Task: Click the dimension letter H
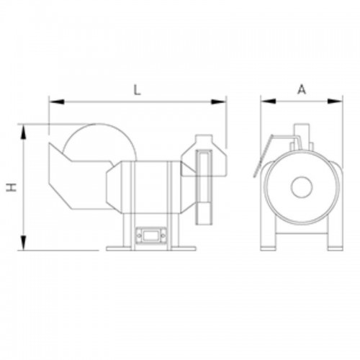coord(11,187)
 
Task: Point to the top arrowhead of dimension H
coord(24,129)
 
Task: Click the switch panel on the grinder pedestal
coord(152,234)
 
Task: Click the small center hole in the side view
coord(301,189)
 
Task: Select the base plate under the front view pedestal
coord(152,249)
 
